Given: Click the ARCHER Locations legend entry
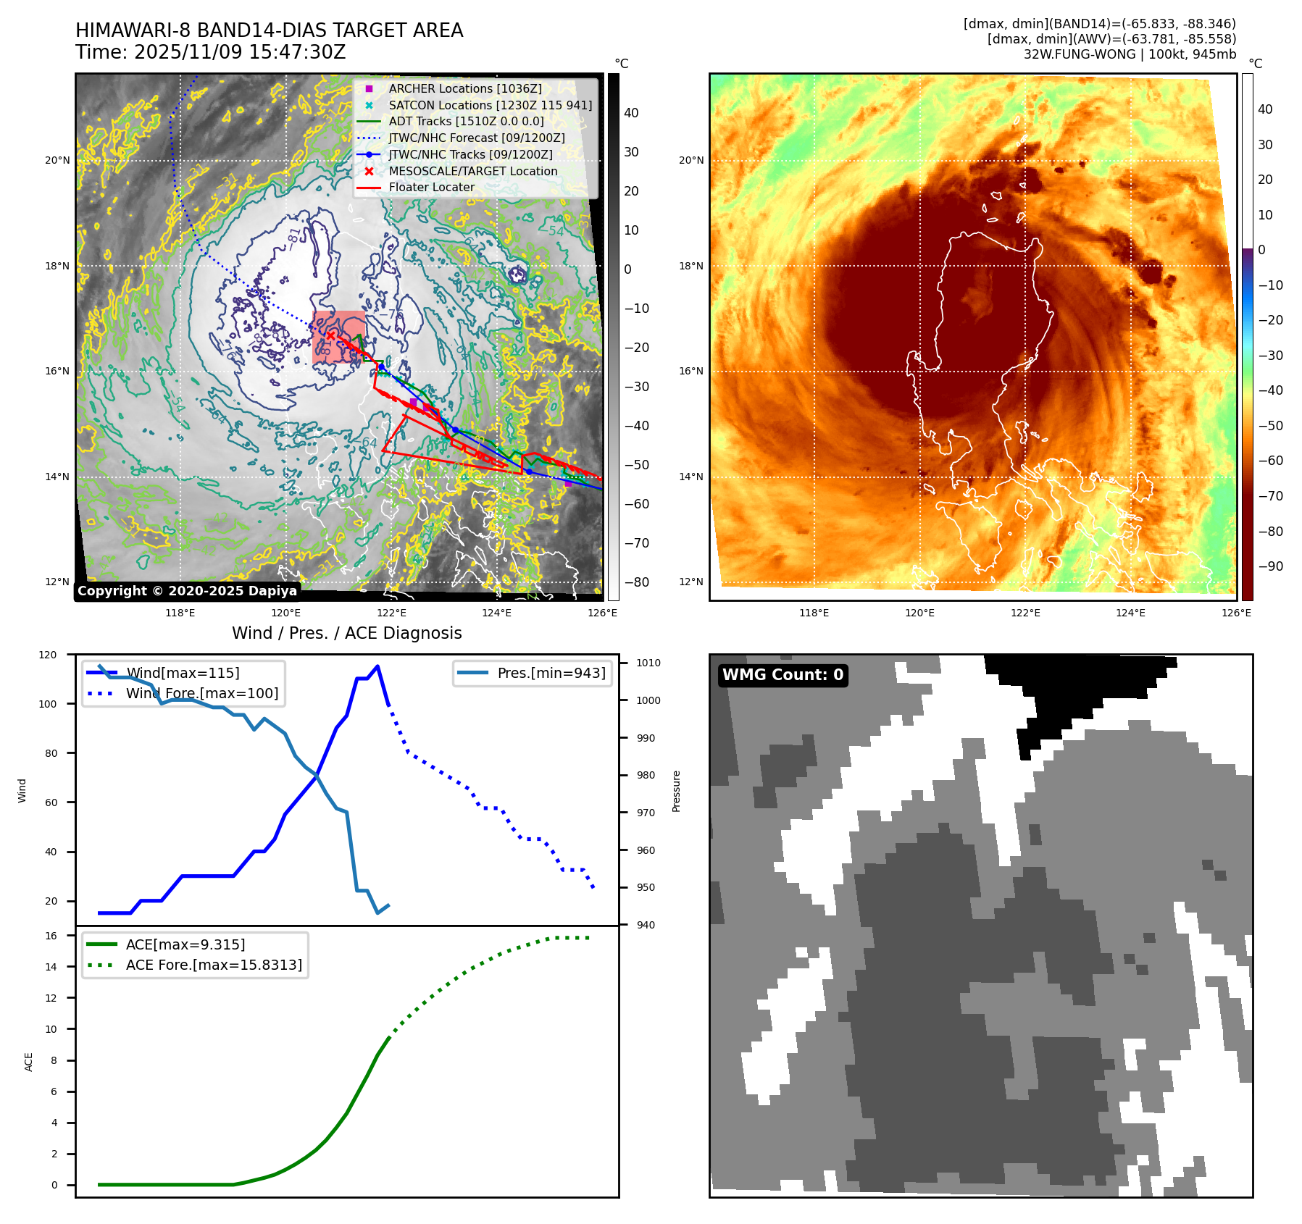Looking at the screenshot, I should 464,88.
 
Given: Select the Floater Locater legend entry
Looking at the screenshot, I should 431,187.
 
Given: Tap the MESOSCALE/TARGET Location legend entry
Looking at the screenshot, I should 472,171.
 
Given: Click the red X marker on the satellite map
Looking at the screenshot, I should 331,335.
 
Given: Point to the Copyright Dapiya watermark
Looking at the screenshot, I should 187,591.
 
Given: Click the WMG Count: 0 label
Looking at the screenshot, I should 783,675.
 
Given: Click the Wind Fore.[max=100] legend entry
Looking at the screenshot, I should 201,693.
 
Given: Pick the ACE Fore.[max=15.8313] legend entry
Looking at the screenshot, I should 214,965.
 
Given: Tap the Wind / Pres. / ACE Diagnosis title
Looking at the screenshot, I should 346,633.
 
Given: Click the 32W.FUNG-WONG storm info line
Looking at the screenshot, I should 1130,54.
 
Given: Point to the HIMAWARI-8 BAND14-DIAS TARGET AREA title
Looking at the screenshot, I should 269,30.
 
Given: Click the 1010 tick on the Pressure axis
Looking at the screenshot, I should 648,663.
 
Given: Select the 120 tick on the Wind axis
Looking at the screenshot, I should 47,655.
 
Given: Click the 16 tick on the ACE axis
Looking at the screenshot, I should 51,936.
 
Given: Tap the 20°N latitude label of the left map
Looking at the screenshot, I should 57,160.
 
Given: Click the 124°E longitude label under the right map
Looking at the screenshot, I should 1130,613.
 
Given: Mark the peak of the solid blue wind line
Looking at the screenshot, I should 377,666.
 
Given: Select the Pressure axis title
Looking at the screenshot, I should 676,791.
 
